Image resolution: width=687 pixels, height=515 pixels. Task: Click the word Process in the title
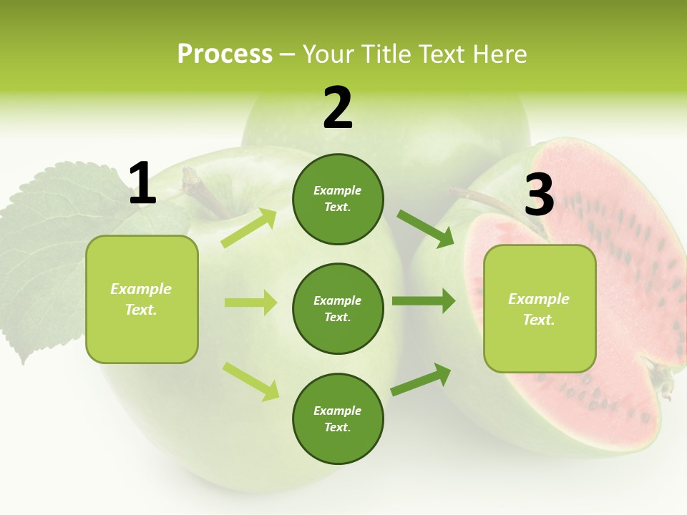225,54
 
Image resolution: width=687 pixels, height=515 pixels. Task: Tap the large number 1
142,184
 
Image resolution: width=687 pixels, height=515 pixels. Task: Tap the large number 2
338,108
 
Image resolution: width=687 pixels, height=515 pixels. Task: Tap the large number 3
539,195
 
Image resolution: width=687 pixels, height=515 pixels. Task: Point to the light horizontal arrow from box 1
250,303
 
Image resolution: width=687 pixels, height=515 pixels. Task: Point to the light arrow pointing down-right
250,381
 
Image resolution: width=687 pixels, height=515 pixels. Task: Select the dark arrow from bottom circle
421,380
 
